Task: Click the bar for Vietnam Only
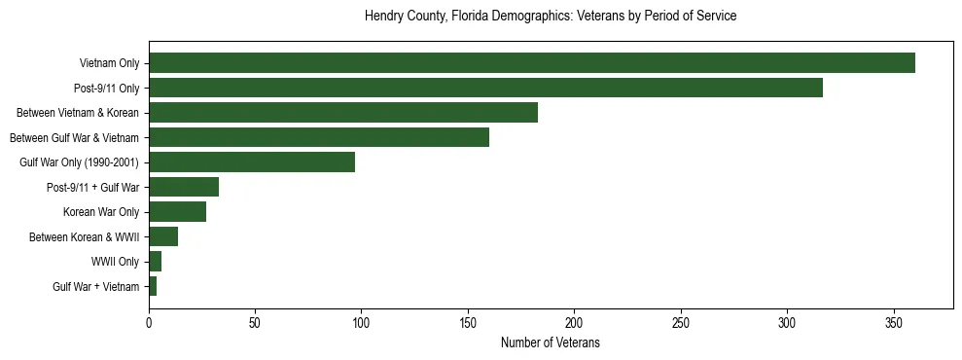(x=531, y=63)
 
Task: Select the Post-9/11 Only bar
(x=485, y=88)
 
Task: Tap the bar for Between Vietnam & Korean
(x=342, y=113)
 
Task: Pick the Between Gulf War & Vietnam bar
(x=318, y=137)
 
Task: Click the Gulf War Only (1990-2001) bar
(x=251, y=162)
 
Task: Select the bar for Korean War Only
(x=177, y=212)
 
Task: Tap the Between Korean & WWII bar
(x=162, y=236)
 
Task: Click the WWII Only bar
(x=155, y=262)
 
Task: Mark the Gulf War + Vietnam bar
(x=153, y=286)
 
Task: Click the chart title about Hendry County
(x=550, y=17)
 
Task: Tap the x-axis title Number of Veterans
(x=550, y=343)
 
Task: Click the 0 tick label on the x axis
(x=149, y=321)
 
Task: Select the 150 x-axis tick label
(x=468, y=321)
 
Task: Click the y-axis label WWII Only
(x=115, y=262)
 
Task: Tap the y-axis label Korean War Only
(x=101, y=212)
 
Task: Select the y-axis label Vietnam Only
(x=109, y=63)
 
